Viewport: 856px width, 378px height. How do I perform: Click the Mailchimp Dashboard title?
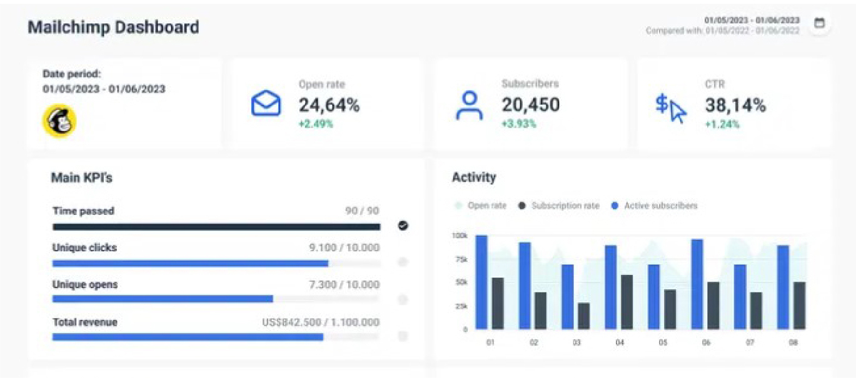[113, 27]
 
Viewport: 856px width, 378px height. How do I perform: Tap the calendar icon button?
[819, 24]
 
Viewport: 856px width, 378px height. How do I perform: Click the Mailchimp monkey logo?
[59, 121]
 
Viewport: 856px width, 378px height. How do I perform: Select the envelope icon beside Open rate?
[266, 104]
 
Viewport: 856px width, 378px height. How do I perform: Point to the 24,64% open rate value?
[329, 105]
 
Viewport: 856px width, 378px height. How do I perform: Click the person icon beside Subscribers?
[469, 105]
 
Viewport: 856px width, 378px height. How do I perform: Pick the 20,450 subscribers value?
[530, 105]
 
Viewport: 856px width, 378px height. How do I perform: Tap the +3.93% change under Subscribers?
[519, 124]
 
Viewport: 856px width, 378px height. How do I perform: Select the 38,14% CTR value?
[735, 105]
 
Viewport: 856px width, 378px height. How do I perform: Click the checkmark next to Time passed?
[403, 226]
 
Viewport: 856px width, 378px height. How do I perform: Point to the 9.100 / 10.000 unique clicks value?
[344, 247]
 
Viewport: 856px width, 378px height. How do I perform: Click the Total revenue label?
[85, 322]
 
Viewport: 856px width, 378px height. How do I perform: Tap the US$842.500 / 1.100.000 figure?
[321, 322]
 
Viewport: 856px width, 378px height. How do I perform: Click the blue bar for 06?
[697, 284]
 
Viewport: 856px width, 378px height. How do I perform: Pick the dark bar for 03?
[584, 316]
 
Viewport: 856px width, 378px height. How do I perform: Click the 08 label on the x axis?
[793, 342]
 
